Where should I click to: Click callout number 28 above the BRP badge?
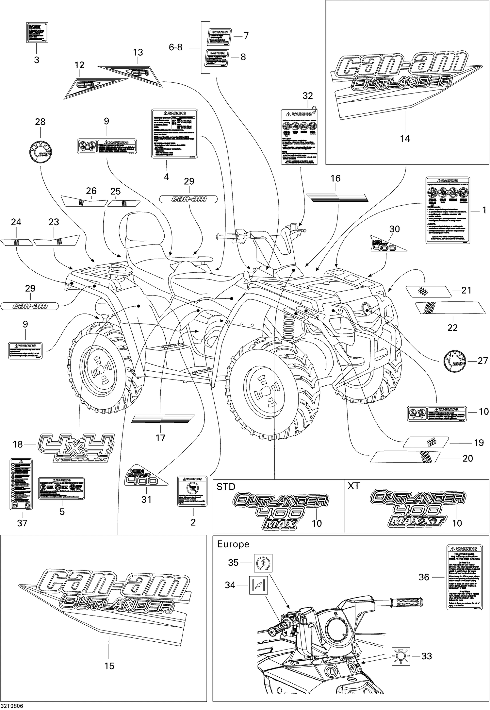pyautogui.click(x=40, y=122)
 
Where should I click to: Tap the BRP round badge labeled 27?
pyautogui.click(x=454, y=361)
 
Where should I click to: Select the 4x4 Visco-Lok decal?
pyautogui.click(x=76, y=447)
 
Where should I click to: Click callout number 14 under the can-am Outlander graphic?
pyautogui.click(x=405, y=139)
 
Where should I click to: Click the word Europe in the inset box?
pyautogui.click(x=233, y=544)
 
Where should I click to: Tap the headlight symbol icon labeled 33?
pyautogui.click(x=401, y=656)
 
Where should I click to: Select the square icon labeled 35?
pyautogui.click(x=263, y=563)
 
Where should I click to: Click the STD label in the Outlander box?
pyautogui.click(x=226, y=487)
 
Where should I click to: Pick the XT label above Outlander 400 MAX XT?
pyautogui.click(x=353, y=486)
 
